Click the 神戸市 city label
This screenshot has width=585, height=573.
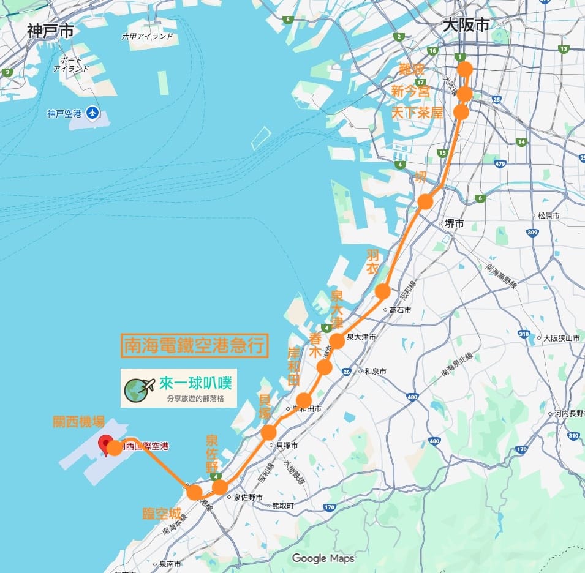point(50,31)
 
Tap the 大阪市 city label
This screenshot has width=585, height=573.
point(466,25)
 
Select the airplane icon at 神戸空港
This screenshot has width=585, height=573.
point(92,113)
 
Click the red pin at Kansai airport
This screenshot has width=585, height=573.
point(105,443)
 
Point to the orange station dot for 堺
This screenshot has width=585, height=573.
point(425,201)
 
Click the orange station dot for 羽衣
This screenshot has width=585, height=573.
point(383,291)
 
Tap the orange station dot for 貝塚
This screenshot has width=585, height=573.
point(268,433)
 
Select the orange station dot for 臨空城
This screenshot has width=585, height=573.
point(194,492)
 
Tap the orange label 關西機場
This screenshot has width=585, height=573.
point(78,422)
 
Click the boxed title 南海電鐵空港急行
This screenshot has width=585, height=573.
point(195,346)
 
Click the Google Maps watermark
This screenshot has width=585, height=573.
point(323,558)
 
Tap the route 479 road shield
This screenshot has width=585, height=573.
point(500,163)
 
